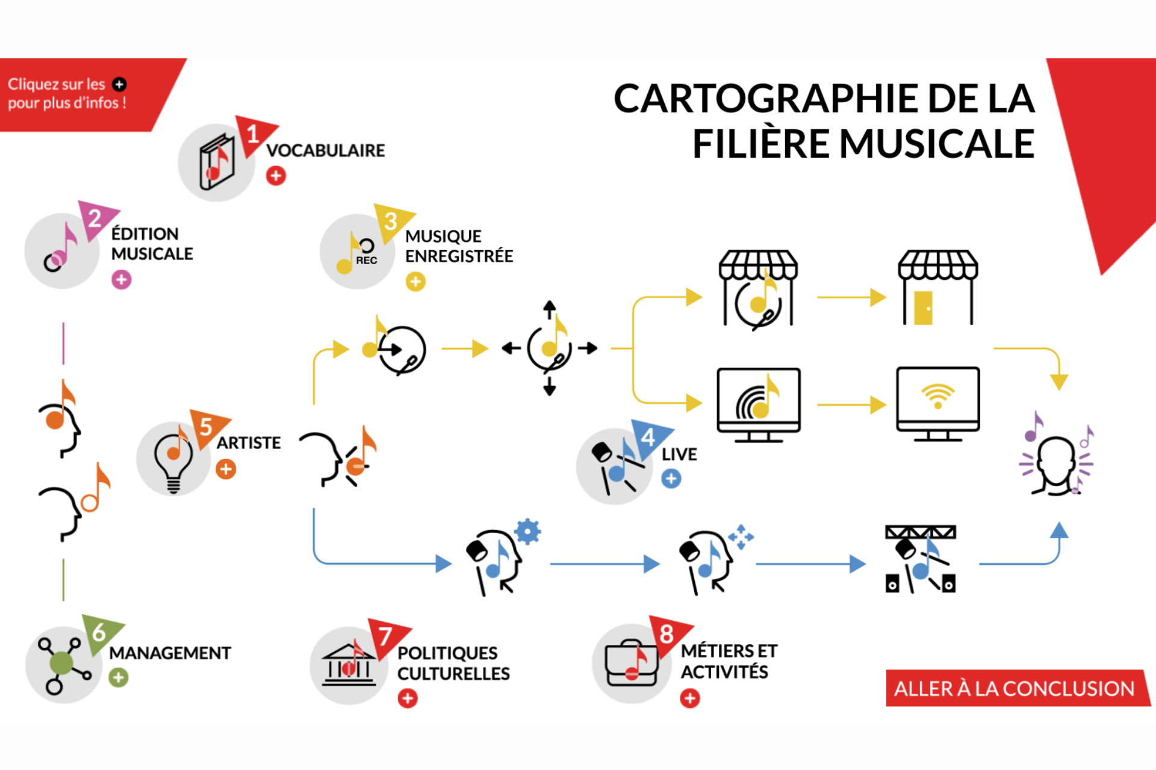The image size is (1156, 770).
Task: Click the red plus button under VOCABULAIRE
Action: [276, 176]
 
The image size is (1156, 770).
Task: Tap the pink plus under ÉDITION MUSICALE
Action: [121, 280]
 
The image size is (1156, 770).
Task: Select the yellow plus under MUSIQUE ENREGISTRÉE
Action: [415, 282]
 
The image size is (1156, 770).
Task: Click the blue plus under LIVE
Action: [671, 479]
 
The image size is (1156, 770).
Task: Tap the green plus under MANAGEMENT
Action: [119, 678]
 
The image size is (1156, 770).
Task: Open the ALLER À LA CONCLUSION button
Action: [1014, 688]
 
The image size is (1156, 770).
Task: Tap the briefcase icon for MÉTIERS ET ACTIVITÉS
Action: [631, 664]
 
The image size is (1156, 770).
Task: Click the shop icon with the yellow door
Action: [937, 288]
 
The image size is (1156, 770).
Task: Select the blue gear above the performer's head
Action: [528, 532]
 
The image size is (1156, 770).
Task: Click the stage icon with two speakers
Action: [920, 559]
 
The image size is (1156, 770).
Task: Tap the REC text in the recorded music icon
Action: [366, 260]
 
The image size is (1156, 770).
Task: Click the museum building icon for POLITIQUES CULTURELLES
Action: [349, 665]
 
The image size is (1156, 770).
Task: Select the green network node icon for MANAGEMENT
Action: [62, 664]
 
